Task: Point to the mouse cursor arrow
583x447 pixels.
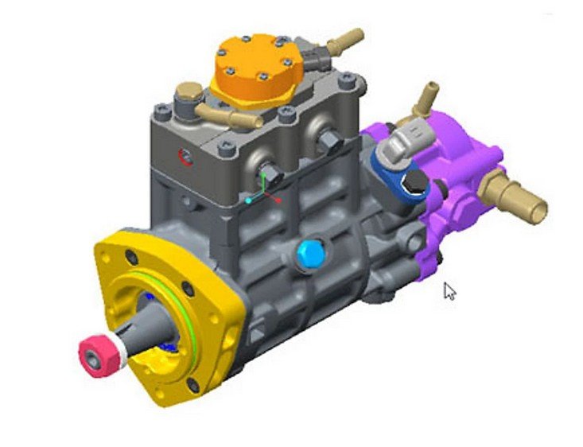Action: pos(449,290)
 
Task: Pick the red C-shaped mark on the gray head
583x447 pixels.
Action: pos(185,157)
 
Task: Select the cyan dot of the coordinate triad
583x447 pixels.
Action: pos(249,201)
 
